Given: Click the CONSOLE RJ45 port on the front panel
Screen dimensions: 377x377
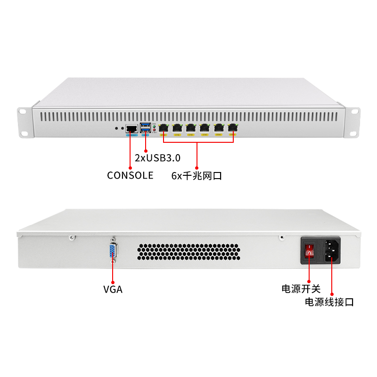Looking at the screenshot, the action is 131,128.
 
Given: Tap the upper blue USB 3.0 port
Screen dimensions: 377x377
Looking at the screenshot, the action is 146,125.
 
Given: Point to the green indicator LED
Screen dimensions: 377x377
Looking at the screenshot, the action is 154,127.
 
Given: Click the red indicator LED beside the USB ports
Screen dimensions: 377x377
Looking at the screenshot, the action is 154,131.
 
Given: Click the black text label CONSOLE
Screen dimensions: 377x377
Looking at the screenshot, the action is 130,175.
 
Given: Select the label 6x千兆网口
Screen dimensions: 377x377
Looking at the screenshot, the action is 197,176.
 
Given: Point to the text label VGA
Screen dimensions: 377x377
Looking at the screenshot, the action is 113,289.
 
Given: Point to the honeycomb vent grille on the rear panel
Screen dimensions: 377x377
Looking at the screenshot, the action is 188,252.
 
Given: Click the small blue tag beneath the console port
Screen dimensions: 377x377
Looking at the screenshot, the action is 131,135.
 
